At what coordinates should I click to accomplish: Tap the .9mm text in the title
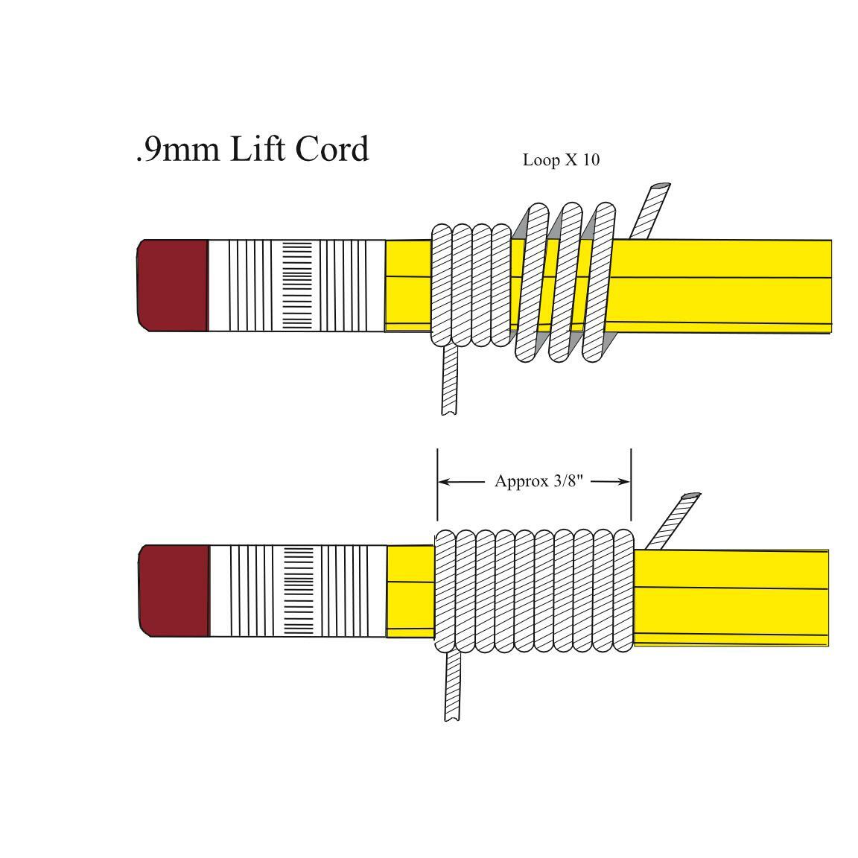[x=179, y=150]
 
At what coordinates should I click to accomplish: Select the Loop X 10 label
[x=561, y=160]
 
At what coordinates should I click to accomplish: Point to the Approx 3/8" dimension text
[x=539, y=481]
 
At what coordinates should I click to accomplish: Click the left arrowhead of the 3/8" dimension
[x=445, y=482]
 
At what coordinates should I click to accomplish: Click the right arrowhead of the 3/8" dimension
[x=624, y=482]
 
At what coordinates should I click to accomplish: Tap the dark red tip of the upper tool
[x=172, y=285]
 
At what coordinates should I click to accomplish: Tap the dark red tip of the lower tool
[x=174, y=591]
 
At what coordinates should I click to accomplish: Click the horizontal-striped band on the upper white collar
[x=297, y=286]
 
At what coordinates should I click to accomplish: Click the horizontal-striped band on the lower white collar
[x=299, y=591]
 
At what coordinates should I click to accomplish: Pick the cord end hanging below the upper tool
[x=449, y=380]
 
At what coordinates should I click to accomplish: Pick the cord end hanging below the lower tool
[x=452, y=686]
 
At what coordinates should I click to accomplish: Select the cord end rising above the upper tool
[x=649, y=212]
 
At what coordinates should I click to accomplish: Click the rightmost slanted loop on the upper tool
[x=599, y=282]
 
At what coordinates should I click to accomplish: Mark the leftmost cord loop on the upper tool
[x=442, y=285]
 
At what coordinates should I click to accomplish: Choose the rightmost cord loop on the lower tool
[x=623, y=591]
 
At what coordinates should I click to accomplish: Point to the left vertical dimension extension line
[x=437, y=485]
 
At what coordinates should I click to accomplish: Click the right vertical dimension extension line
[x=631, y=485]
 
